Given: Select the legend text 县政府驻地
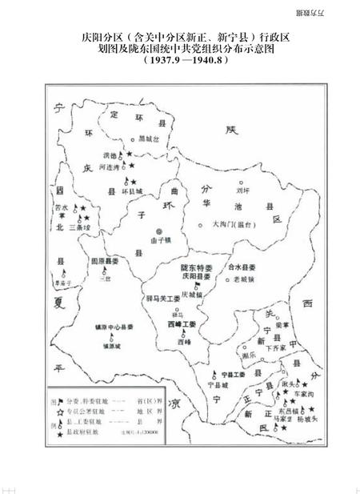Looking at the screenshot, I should [x=83, y=432].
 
